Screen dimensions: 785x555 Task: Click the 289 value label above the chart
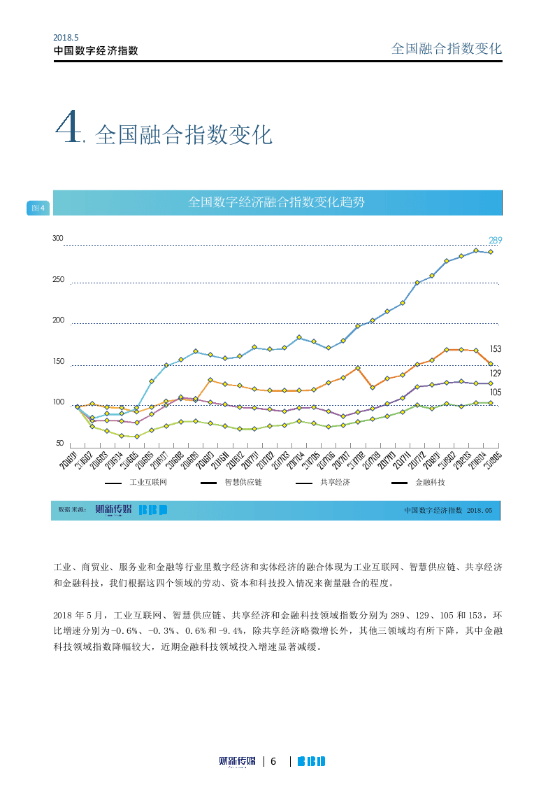[495, 240]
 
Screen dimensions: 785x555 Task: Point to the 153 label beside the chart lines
[496, 348]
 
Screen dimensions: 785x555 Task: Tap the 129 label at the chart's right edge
[496, 374]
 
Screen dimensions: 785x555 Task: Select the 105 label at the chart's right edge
[496, 392]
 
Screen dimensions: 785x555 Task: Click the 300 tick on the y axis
[58, 239]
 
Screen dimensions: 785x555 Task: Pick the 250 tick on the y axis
[58, 280]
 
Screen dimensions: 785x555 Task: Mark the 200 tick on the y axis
[58, 320]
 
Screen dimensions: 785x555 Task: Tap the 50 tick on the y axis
[59, 444]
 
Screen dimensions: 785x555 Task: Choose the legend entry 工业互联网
[148, 483]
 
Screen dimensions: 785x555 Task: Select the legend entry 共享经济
[335, 483]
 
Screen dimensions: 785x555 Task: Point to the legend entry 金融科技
[430, 483]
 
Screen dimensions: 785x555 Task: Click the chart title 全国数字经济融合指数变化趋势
[277, 202]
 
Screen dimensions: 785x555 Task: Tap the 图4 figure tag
[38, 208]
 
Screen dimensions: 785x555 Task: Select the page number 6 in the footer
[274, 761]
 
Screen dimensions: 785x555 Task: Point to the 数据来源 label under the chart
[71, 510]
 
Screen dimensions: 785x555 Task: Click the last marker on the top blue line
[491, 252]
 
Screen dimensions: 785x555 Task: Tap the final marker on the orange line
[491, 364]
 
